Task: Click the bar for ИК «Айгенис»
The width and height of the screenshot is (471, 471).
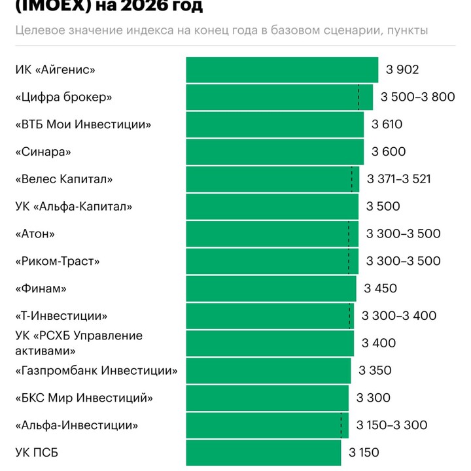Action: tap(281, 70)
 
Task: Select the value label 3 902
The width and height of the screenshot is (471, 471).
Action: tap(402, 70)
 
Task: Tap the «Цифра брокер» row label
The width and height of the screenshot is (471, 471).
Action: tap(63, 97)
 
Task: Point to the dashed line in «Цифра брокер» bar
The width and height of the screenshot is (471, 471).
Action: tap(358, 97)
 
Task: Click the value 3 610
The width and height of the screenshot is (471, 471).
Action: tap(387, 124)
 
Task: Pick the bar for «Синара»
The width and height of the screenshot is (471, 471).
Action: tap(275, 152)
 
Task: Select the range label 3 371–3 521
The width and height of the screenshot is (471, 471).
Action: tap(399, 179)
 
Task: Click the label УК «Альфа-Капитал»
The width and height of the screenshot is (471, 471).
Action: tap(73, 207)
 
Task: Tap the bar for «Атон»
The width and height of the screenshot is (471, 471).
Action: tap(272, 234)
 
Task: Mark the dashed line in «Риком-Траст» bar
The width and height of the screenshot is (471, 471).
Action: tap(349, 261)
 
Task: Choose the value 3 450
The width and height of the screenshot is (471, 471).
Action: tap(381, 288)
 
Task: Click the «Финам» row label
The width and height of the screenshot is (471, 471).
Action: tap(41, 288)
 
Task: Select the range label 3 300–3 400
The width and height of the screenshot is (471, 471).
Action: tap(399, 316)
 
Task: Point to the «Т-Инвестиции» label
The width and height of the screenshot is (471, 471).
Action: tap(61, 316)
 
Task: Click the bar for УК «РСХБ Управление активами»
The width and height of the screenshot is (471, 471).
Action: tap(270, 343)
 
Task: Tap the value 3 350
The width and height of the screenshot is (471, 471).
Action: tap(375, 370)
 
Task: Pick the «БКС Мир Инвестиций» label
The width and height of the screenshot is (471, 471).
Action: tap(84, 398)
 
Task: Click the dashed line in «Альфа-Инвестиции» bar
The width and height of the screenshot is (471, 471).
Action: tap(341, 425)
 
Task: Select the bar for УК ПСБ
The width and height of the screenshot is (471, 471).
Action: tap(263, 452)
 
